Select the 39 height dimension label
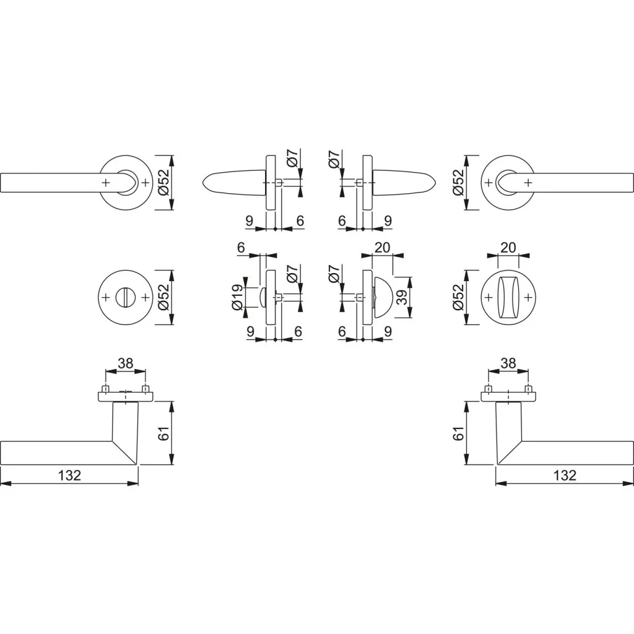[402, 298]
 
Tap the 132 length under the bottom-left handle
[69, 475]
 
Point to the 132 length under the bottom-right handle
[565, 475]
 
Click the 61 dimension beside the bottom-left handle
[163, 433]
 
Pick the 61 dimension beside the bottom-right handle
[459, 433]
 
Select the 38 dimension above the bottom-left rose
[125, 363]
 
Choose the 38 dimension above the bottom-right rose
[508, 363]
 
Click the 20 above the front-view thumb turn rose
[508, 248]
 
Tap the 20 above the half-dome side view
[382, 248]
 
